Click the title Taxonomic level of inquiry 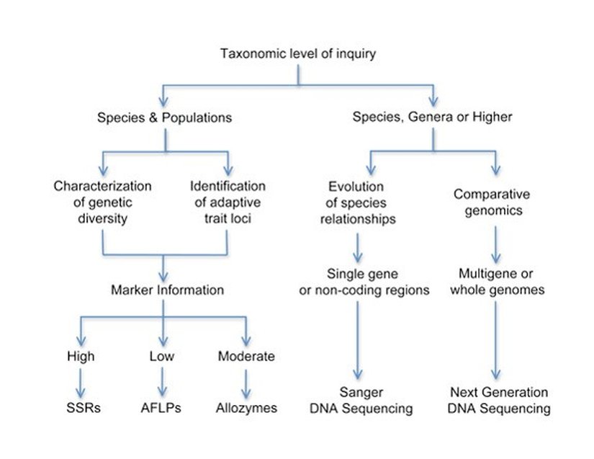pos(298,53)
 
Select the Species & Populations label pos(165,117)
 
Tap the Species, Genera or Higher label pos(432,117)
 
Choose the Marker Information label pos(167,290)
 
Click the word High pos(81,356)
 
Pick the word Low pos(162,356)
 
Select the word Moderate pos(246,356)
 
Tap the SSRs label pos(81,408)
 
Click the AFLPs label pos(161,408)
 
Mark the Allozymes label pos(246,408)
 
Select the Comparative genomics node pos(492,202)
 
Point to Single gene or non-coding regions pos(358,282)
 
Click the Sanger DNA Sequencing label pos(361,401)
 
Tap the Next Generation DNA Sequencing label pos(500,401)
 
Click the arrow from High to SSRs pos(81,382)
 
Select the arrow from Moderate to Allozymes pos(246,382)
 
